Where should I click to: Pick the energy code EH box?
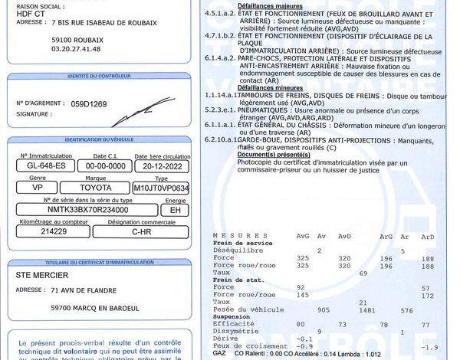coord(174,208)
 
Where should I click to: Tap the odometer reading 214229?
coord(55,231)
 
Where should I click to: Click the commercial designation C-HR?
coord(141,231)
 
